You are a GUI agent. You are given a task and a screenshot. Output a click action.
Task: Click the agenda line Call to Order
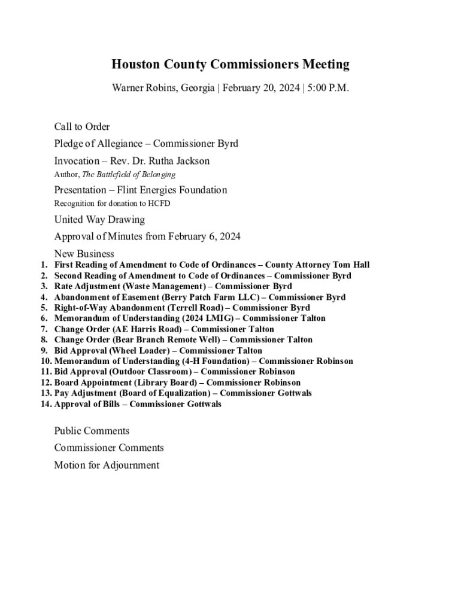pyautogui.click(x=82, y=126)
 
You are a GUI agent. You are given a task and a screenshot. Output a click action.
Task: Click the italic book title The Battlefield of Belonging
pyautogui.click(x=129, y=174)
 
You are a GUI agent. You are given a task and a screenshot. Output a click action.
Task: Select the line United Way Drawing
pyautogui.click(x=99, y=220)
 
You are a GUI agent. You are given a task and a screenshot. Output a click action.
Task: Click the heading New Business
pyautogui.click(x=84, y=254)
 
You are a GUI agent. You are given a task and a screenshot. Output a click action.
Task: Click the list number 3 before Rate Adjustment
pyautogui.click(x=44, y=286)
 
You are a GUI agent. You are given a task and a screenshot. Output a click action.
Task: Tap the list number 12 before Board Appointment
pyautogui.click(x=46, y=383)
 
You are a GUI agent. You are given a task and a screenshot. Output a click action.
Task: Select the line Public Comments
pyautogui.click(x=92, y=431)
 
